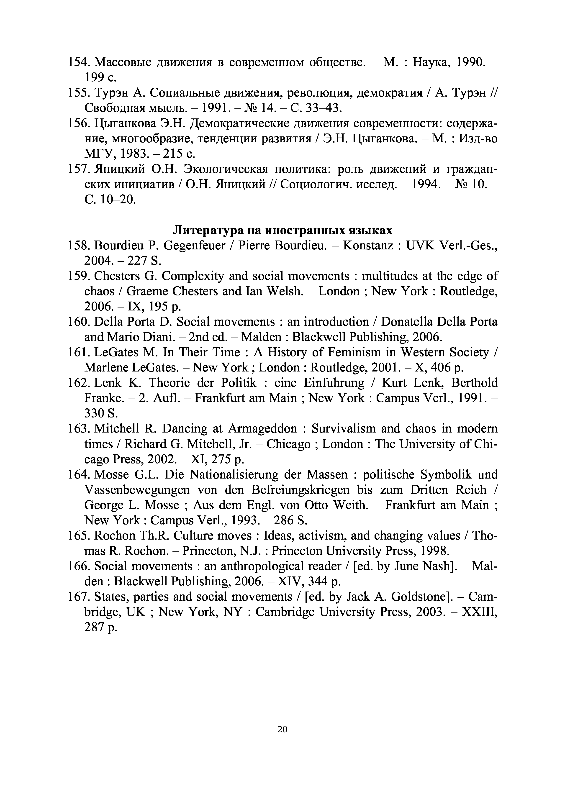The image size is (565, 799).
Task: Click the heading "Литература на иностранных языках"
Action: pos(282,230)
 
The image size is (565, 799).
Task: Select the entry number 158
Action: pos(79,246)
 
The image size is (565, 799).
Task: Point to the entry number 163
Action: pos(79,429)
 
